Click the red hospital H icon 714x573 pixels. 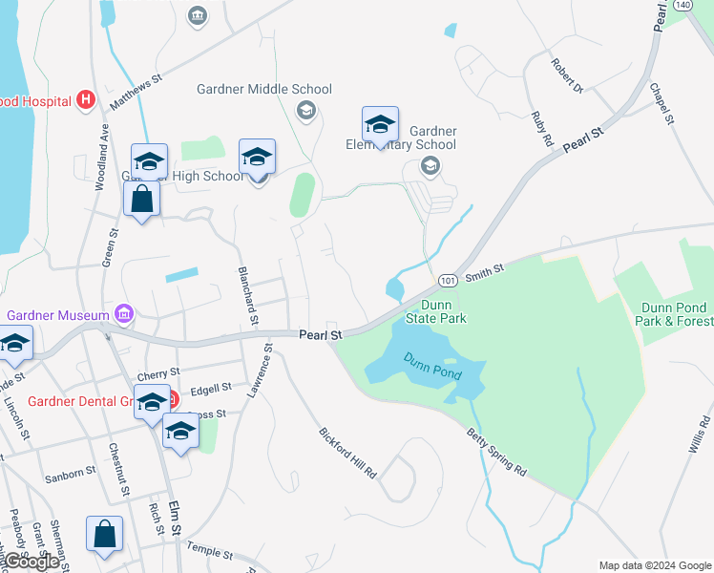(x=86, y=98)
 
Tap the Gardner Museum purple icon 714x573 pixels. (x=123, y=313)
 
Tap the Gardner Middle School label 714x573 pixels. (x=263, y=89)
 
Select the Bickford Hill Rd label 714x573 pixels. (x=348, y=452)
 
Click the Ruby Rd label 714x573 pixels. (x=542, y=127)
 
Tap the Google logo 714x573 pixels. (x=31, y=562)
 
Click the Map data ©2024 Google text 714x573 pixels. (x=655, y=564)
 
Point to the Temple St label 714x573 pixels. (x=210, y=551)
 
